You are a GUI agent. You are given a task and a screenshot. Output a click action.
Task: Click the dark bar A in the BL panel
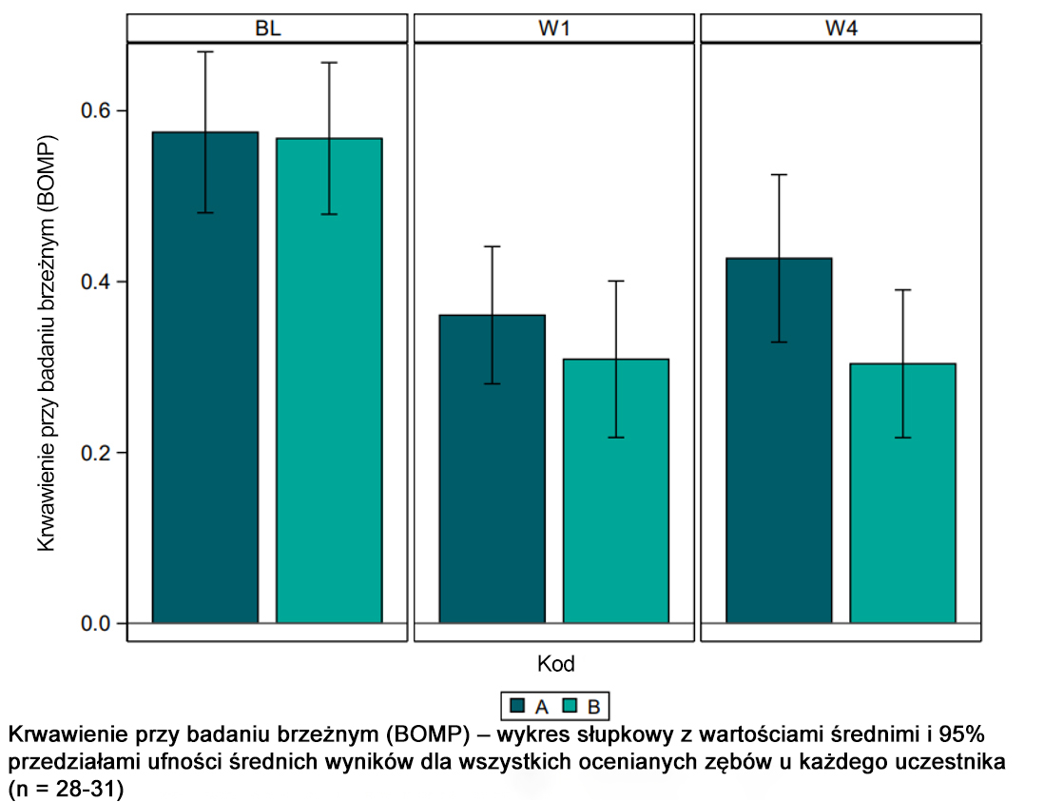pos(205,381)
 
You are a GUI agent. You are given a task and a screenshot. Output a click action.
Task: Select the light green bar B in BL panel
pos(329,381)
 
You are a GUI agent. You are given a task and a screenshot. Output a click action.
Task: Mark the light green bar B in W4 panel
pos(902,495)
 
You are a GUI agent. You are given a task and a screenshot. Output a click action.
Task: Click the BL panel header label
pos(268,29)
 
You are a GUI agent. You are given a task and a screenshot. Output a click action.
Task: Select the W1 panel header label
pos(554,29)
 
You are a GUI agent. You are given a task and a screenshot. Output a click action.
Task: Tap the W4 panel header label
pos(841,29)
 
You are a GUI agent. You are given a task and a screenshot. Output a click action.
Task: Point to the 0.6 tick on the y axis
pos(96,110)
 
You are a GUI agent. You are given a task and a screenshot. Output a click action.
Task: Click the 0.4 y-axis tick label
pos(96,282)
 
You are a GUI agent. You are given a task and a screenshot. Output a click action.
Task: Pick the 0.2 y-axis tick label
pos(96,453)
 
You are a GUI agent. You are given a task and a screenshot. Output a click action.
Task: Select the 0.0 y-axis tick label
pos(96,624)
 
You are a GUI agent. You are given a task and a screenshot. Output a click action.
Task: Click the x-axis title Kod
pos(555,662)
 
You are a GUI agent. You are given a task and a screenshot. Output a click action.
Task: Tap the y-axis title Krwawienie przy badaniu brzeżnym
pos(47,342)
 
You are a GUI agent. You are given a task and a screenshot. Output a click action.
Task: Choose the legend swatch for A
pos(518,706)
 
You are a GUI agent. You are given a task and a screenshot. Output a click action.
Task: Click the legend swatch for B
pos(570,706)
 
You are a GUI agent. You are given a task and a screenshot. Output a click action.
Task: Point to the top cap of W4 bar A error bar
pos(779,175)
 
